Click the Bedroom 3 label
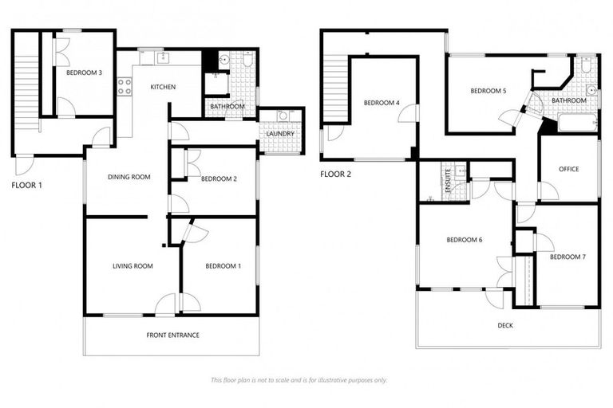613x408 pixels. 84,73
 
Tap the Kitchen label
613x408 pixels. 163,87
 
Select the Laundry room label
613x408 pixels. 280,133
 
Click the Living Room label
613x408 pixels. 132,266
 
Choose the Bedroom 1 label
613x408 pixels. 223,266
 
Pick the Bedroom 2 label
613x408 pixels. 219,178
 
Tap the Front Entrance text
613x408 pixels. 172,335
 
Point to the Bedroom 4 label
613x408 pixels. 381,103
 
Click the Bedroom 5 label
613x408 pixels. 488,91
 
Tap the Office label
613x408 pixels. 568,169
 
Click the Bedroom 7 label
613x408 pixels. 568,257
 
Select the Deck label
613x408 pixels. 505,324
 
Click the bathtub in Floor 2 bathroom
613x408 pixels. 577,124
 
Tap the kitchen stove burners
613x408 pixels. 124,86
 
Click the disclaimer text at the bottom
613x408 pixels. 299,380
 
